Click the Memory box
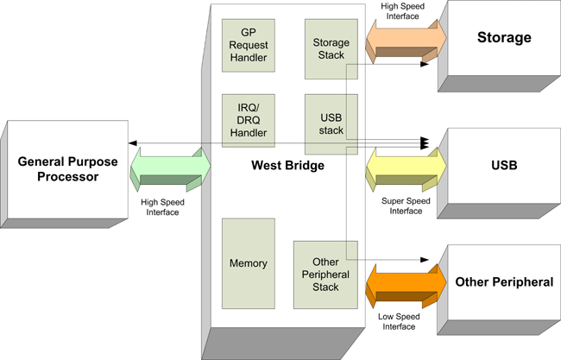pyautogui.click(x=249, y=263)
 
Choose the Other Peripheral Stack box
pyautogui.click(x=325, y=275)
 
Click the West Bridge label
pyautogui.click(x=287, y=165)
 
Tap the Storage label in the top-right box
pyautogui.click(x=504, y=38)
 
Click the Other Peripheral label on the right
pyautogui.click(x=504, y=281)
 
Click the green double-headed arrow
pyautogui.click(x=171, y=167)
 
